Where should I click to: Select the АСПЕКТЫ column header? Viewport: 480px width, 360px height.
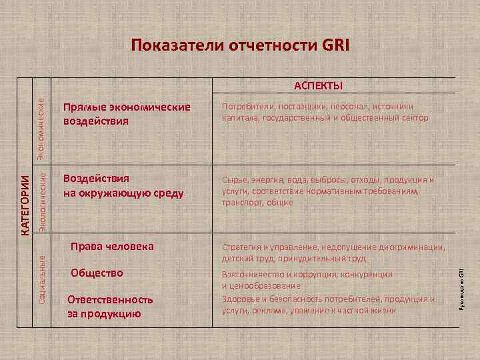click(318, 86)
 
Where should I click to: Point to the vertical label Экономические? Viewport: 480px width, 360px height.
click(41, 129)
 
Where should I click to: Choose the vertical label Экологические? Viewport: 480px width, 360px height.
click(41, 199)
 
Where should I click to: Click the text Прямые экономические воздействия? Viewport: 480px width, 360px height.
click(127, 114)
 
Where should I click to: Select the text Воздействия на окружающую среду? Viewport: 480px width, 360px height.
click(123, 186)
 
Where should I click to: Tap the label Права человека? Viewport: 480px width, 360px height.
click(112, 246)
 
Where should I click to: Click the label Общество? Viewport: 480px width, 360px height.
click(97, 273)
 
